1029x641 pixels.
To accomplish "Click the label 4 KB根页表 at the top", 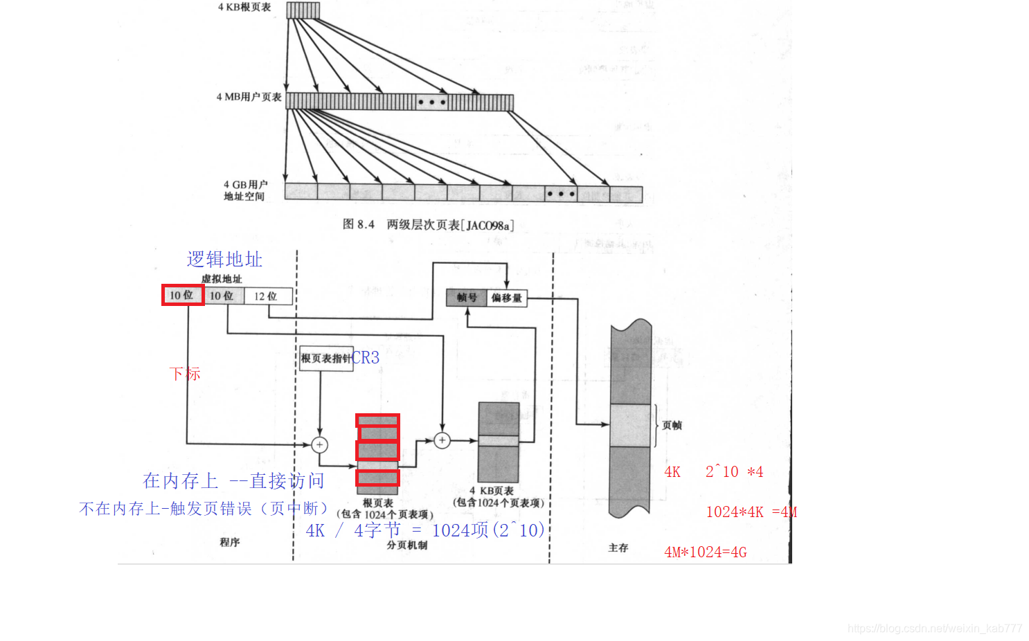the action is coord(244,8).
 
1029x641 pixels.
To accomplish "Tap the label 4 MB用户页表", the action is coord(249,98).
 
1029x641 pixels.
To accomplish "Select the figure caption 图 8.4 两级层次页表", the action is coord(428,225).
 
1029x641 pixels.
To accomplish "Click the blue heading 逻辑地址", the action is coord(224,260).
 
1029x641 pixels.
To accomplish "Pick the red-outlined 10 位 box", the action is coord(183,295).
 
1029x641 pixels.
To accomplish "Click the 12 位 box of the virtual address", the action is coord(266,296).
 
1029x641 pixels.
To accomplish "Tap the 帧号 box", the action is coord(467,298).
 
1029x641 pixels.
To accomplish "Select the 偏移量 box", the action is coord(507,298).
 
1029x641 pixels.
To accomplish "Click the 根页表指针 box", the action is coord(325,359).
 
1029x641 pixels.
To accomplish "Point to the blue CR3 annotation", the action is coord(366,358).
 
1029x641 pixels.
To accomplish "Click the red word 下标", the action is coord(185,374).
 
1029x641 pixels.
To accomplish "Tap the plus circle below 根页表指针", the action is coord(319,444).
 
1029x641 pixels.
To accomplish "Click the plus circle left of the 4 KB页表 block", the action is coord(442,440).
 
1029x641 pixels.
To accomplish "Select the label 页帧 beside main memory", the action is coord(672,425).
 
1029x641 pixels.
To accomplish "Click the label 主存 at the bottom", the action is coord(618,548).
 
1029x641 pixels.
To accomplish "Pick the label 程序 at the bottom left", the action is coord(230,542).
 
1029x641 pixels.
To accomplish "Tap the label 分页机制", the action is coord(407,545).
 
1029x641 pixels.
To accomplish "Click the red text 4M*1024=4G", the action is coord(706,552).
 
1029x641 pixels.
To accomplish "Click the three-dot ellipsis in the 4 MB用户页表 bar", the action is coord(432,102).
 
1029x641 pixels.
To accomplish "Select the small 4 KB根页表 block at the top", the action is coord(303,10).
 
